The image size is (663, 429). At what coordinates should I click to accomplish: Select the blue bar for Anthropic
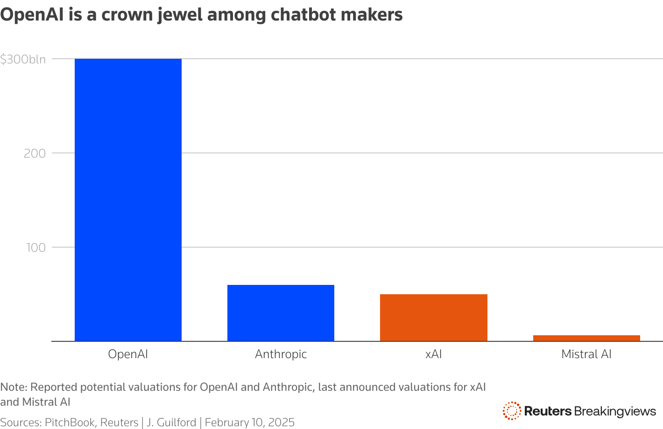[281, 313]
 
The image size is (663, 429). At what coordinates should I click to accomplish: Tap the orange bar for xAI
[433, 318]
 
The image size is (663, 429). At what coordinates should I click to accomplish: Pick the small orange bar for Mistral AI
[586, 338]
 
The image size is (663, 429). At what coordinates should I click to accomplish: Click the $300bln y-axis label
[23, 59]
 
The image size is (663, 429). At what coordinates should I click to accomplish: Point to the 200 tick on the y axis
[35, 153]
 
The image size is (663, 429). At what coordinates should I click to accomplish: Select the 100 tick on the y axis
[35, 247]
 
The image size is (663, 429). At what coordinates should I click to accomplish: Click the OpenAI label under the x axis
[128, 354]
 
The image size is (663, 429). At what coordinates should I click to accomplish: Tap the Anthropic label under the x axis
[281, 354]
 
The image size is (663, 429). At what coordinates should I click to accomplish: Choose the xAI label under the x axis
[433, 354]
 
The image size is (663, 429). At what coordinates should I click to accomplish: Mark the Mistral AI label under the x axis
[586, 354]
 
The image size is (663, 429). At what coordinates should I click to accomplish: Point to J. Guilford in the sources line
[171, 422]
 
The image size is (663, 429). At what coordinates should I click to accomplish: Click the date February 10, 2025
[250, 422]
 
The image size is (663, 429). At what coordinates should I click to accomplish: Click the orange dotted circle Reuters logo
[512, 411]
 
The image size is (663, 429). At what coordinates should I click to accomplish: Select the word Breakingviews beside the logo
[615, 411]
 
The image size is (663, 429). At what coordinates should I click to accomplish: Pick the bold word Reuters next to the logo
[548, 411]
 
